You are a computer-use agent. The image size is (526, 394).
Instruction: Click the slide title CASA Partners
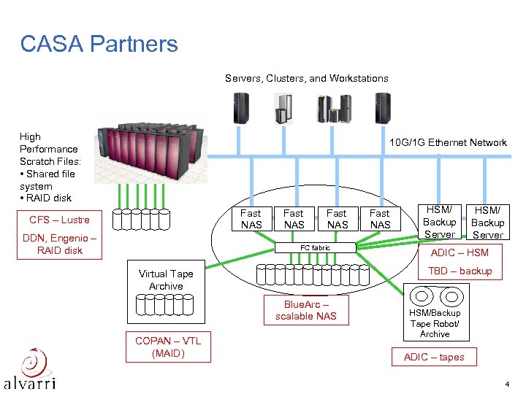click(x=99, y=44)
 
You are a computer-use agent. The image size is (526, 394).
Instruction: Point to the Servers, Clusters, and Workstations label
click(x=306, y=78)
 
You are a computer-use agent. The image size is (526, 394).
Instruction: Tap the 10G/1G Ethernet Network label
click(x=448, y=142)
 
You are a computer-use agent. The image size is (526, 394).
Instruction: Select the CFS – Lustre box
click(x=59, y=220)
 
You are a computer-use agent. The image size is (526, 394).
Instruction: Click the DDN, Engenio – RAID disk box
click(x=59, y=244)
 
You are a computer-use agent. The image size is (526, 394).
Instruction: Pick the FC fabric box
click(x=316, y=248)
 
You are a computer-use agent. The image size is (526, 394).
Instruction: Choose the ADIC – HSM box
click(x=460, y=252)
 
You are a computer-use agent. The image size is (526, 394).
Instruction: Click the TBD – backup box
click(x=460, y=271)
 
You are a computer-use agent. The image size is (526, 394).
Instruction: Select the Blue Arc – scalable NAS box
click(x=306, y=310)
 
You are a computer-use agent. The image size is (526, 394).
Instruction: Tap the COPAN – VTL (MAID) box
click(x=168, y=347)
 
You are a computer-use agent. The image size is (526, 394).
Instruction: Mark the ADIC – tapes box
click(x=434, y=357)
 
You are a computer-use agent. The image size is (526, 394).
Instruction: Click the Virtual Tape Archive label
click(x=166, y=280)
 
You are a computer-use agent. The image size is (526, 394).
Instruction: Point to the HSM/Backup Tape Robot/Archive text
click(x=435, y=323)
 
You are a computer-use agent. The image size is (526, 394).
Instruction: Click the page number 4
click(x=506, y=384)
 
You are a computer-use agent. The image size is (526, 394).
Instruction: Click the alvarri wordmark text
click(x=30, y=382)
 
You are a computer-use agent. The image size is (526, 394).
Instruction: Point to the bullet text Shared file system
click(x=48, y=180)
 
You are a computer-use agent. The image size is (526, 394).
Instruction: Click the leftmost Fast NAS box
click(x=251, y=219)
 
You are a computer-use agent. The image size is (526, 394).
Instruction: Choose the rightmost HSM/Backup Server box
click(x=487, y=223)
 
